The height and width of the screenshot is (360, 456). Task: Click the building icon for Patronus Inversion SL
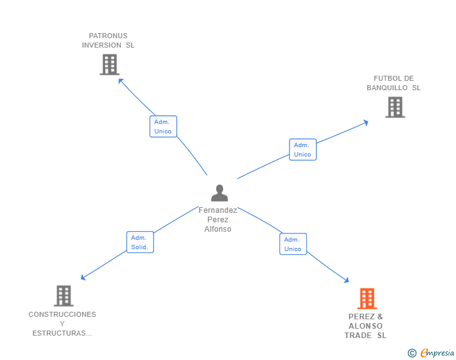109,64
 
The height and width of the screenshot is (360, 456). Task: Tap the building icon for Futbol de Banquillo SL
395,107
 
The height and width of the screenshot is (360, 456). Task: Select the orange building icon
367,299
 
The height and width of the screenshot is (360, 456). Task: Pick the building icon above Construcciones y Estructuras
63,296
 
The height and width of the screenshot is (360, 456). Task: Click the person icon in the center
219,193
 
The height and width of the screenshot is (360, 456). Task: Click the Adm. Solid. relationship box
140,242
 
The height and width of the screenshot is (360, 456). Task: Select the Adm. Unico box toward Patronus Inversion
163,126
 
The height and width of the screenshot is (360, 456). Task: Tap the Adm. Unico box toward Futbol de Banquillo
303,150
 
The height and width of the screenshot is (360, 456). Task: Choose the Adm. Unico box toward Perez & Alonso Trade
293,244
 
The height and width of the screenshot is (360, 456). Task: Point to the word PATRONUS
108,36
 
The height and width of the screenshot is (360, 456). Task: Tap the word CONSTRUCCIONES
62,314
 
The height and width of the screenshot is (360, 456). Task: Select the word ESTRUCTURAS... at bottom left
62,333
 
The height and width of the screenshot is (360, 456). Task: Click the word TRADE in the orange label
358,336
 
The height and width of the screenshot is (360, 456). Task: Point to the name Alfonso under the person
218,229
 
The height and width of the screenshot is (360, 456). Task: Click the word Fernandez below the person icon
218,210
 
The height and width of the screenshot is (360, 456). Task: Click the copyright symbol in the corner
412,354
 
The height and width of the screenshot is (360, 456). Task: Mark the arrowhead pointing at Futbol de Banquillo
366,122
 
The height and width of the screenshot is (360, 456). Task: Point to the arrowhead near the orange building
346,281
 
